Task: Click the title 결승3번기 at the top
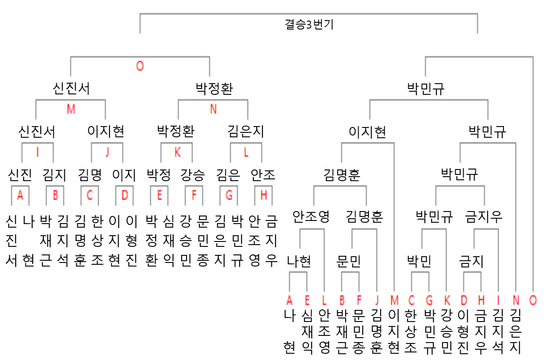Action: coord(309,25)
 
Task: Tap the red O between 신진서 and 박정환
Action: coord(140,66)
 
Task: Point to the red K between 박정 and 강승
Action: coord(178,152)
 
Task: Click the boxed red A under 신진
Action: coord(20,195)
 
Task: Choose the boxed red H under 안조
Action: coord(263,195)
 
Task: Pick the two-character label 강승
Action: coord(193,175)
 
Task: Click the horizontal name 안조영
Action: coord(311,217)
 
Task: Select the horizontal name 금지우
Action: coord(483,217)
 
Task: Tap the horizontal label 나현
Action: coord(299,261)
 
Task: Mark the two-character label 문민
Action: coord(348,261)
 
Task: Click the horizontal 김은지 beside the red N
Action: coord(245,131)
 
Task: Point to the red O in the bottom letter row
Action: coord(533,300)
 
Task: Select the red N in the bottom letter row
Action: coord(516,300)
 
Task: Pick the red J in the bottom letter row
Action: coord(377,300)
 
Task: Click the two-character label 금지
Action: coord(471,261)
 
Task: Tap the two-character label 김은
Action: coord(228,175)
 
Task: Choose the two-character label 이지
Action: coord(124,175)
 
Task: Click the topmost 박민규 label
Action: coord(426,89)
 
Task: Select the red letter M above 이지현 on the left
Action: coord(71,109)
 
